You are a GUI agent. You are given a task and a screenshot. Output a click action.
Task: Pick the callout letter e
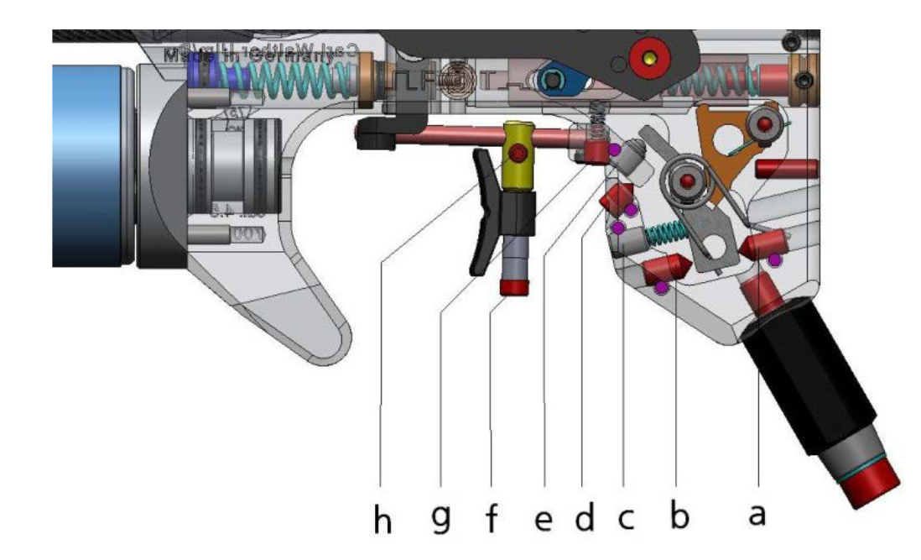[544, 519]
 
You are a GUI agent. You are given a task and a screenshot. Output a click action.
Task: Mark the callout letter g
[443, 521]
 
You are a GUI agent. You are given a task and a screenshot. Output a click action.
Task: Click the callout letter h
[382, 521]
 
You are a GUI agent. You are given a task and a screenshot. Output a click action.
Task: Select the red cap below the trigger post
[514, 287]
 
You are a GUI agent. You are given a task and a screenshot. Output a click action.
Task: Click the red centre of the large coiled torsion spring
[686, 182]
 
